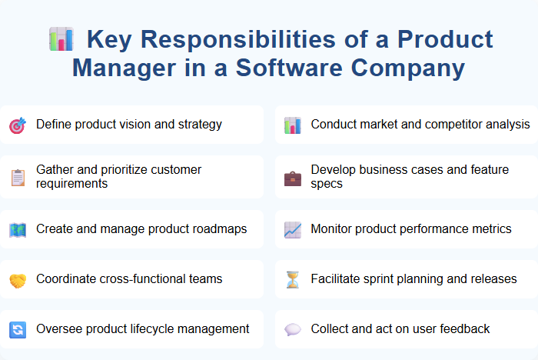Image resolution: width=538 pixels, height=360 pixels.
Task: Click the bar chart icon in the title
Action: pyautogui.click(x=61, y=38)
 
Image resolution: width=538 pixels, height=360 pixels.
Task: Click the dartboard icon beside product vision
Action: pyautogui.click(x=18, y=125)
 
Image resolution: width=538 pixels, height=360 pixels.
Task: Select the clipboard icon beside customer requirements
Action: pyautogui.click(x=18, y=177)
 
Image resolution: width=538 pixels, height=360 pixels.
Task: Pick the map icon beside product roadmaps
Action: pyautogui.click(x=18, y=229)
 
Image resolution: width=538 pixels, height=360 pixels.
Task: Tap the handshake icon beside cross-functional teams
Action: pyautogui.click(x=18, y=279)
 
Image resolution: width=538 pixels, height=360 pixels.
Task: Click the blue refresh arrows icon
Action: pyautogui.click(x=18, y=329)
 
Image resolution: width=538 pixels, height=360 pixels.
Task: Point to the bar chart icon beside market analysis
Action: pyautogui.click(x=292, y=125)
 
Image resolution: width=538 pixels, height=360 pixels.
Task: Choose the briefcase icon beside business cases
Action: pyautogui.click(x=292, y=177)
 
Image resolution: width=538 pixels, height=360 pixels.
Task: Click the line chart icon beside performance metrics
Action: pyautogui.click(x=292, y=229)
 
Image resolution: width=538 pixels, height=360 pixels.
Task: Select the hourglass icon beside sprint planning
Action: pyautogui.click(x=292, y=279)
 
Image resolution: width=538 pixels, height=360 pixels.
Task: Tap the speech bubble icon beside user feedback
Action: pyautogui.click(x=292, y=329)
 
